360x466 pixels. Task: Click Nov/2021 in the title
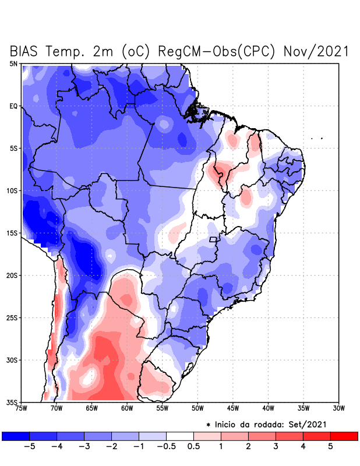coord(316,51)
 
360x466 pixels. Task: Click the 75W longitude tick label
coord(22,408)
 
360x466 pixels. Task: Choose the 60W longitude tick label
coord(127,408)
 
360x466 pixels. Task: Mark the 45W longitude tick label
coord(233,408)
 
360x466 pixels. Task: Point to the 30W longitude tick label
coord(339,408)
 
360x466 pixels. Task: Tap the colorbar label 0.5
coord(193,447)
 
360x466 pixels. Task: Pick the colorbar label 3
coord(275,447)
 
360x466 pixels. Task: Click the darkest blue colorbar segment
coord(16,436)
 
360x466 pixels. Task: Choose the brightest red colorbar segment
coord(344,436)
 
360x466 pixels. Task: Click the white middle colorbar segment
coord(180,436)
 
